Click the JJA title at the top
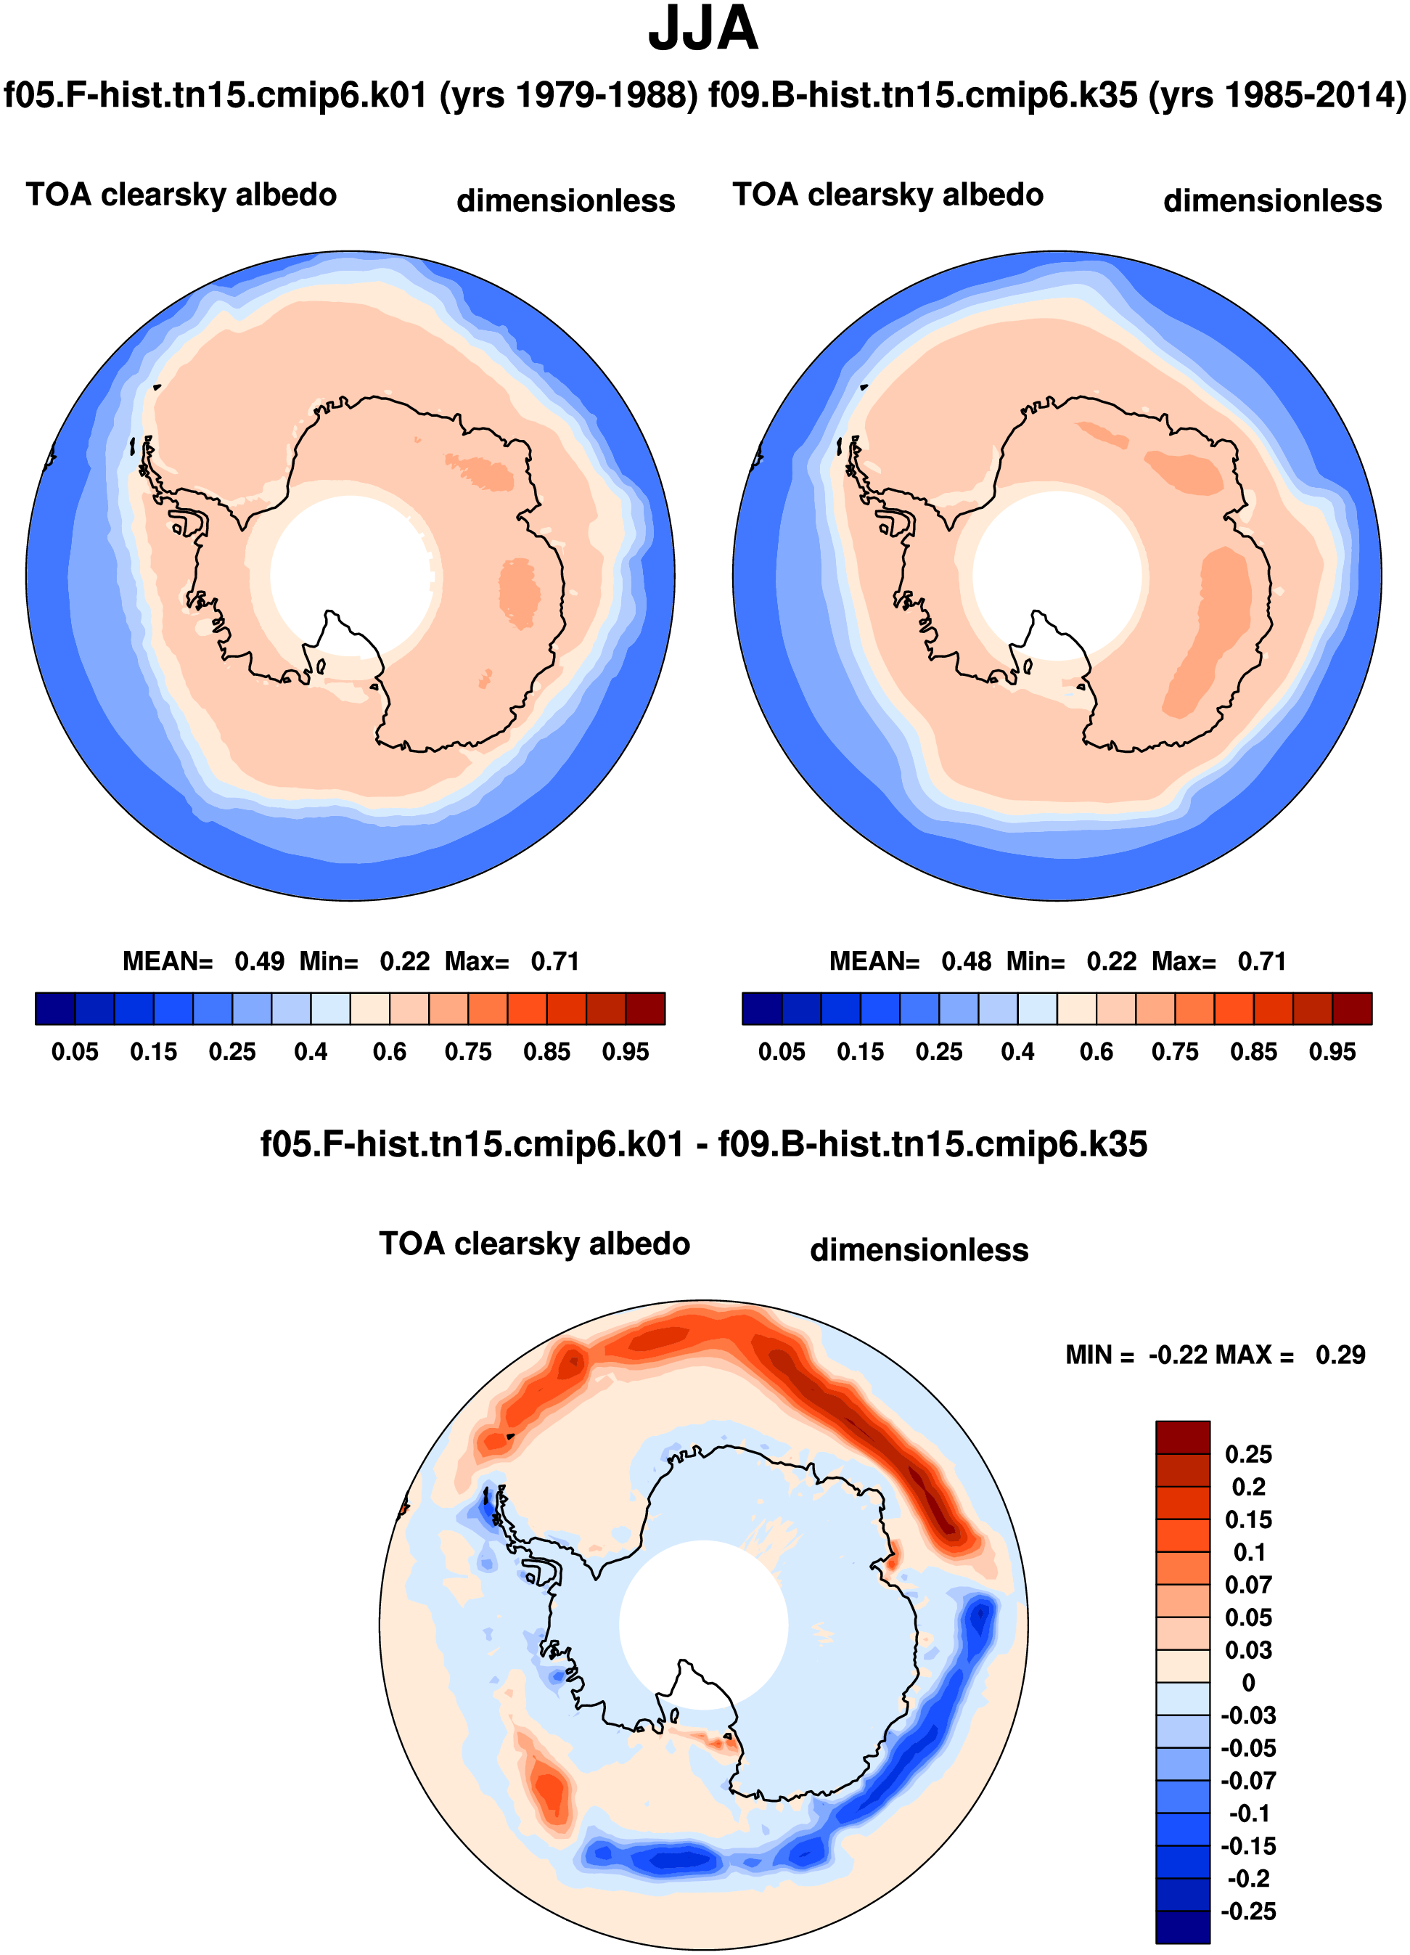click(x=703, y=28)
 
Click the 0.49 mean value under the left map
click(x=259, y=961)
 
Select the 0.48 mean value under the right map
click(x=966, y=961)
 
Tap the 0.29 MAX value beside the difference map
click(x=1340, y=1355)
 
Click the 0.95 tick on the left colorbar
click(x=626, y=1052)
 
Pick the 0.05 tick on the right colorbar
click(x=782, y=1052)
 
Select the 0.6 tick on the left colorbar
click(x=390, y=1052)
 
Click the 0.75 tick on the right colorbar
click(x=1176, y=1052)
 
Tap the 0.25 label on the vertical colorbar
click(x=1248, y=1454)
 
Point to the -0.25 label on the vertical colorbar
click(x=1248, y=1911)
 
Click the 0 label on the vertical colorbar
click(x=1248, y=1683)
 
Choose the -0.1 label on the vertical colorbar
click(x=1248, y=1813)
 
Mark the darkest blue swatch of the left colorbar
click(x=55, y=1008)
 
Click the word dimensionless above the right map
click(x=1272, y=201)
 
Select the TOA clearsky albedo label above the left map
click(x=181, y=195)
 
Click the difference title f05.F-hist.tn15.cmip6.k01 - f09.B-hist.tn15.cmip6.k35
click(x=704, y=1144)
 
